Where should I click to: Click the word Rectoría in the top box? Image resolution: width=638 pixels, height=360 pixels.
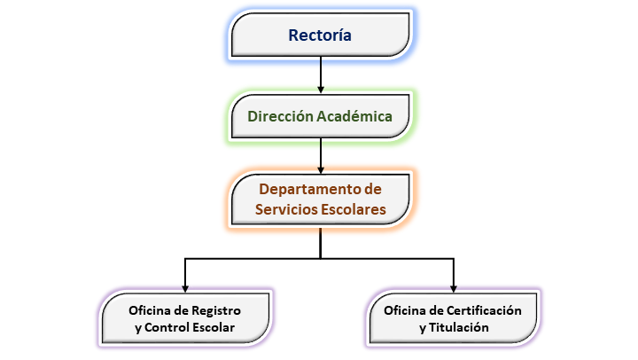click(320, 35)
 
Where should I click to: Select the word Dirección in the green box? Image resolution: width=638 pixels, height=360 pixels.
click(281, 116)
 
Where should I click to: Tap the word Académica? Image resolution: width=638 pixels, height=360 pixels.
click(354, 116)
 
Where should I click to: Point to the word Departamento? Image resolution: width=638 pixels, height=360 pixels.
click(310, 190)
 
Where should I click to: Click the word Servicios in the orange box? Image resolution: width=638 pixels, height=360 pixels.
click(286, 209)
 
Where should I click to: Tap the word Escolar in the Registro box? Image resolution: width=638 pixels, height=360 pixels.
click(214, 327)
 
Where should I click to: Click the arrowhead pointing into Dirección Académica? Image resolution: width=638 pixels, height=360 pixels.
click(321, 90)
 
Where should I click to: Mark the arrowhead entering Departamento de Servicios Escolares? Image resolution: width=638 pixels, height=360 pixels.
click(321, 169)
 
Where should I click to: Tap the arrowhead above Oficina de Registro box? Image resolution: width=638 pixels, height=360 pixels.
click(185, 289)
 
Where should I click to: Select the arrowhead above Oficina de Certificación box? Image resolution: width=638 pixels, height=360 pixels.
click(454, 289)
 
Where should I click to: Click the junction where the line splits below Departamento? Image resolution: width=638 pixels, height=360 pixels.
click(321, 259)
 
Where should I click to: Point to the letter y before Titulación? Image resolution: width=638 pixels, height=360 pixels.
click(423, 328)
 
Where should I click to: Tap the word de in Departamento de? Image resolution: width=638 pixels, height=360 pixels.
click(373, 190)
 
